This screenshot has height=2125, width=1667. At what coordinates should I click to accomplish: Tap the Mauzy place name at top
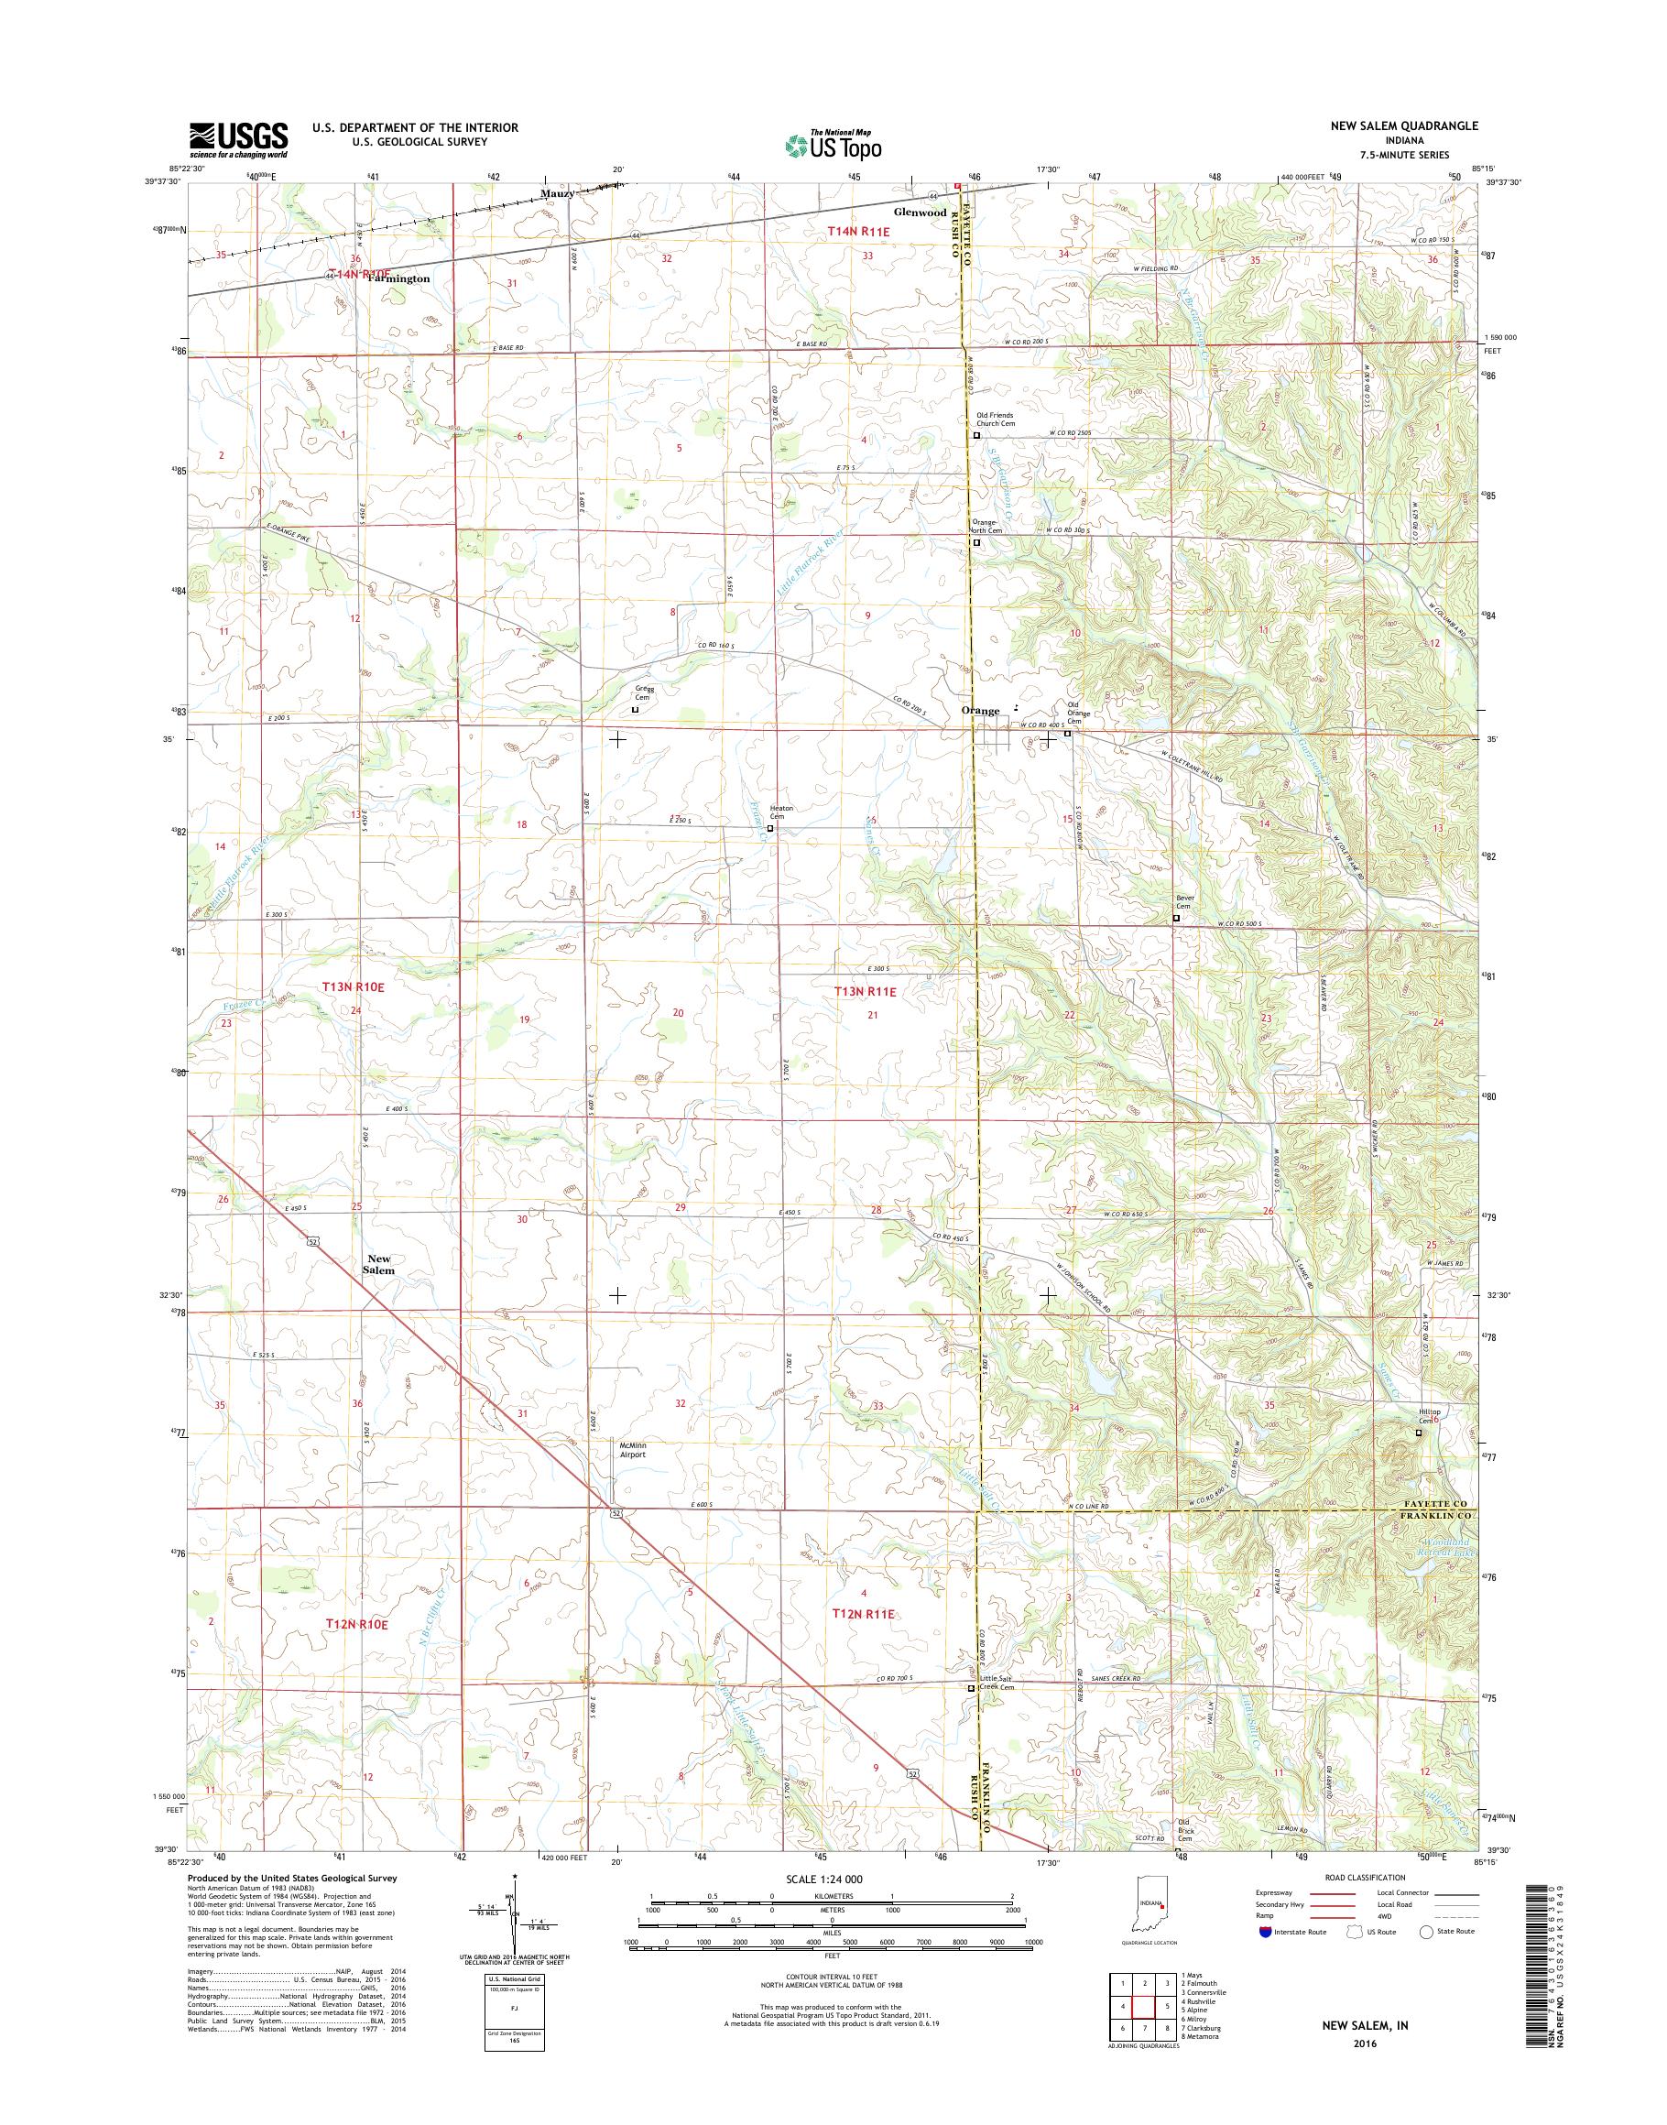(557, 194)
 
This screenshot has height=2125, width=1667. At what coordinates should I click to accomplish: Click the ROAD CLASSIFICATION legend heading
(1365, 1877)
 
